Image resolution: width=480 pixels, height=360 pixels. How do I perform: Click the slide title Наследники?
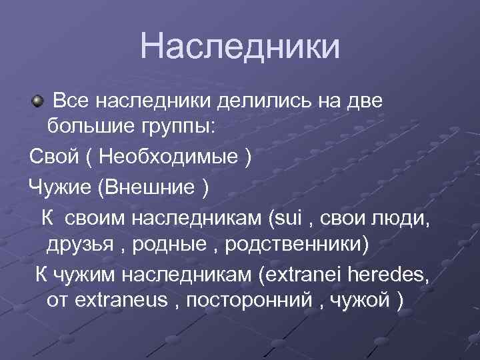tap(240, 47)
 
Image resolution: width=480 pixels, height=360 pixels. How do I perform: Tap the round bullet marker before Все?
tap(37, 101)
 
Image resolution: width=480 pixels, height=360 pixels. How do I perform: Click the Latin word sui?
tap(289, 217)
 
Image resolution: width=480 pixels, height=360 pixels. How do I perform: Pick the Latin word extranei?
tap(302, 275)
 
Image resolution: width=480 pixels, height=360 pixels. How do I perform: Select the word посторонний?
tap(248, 300)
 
